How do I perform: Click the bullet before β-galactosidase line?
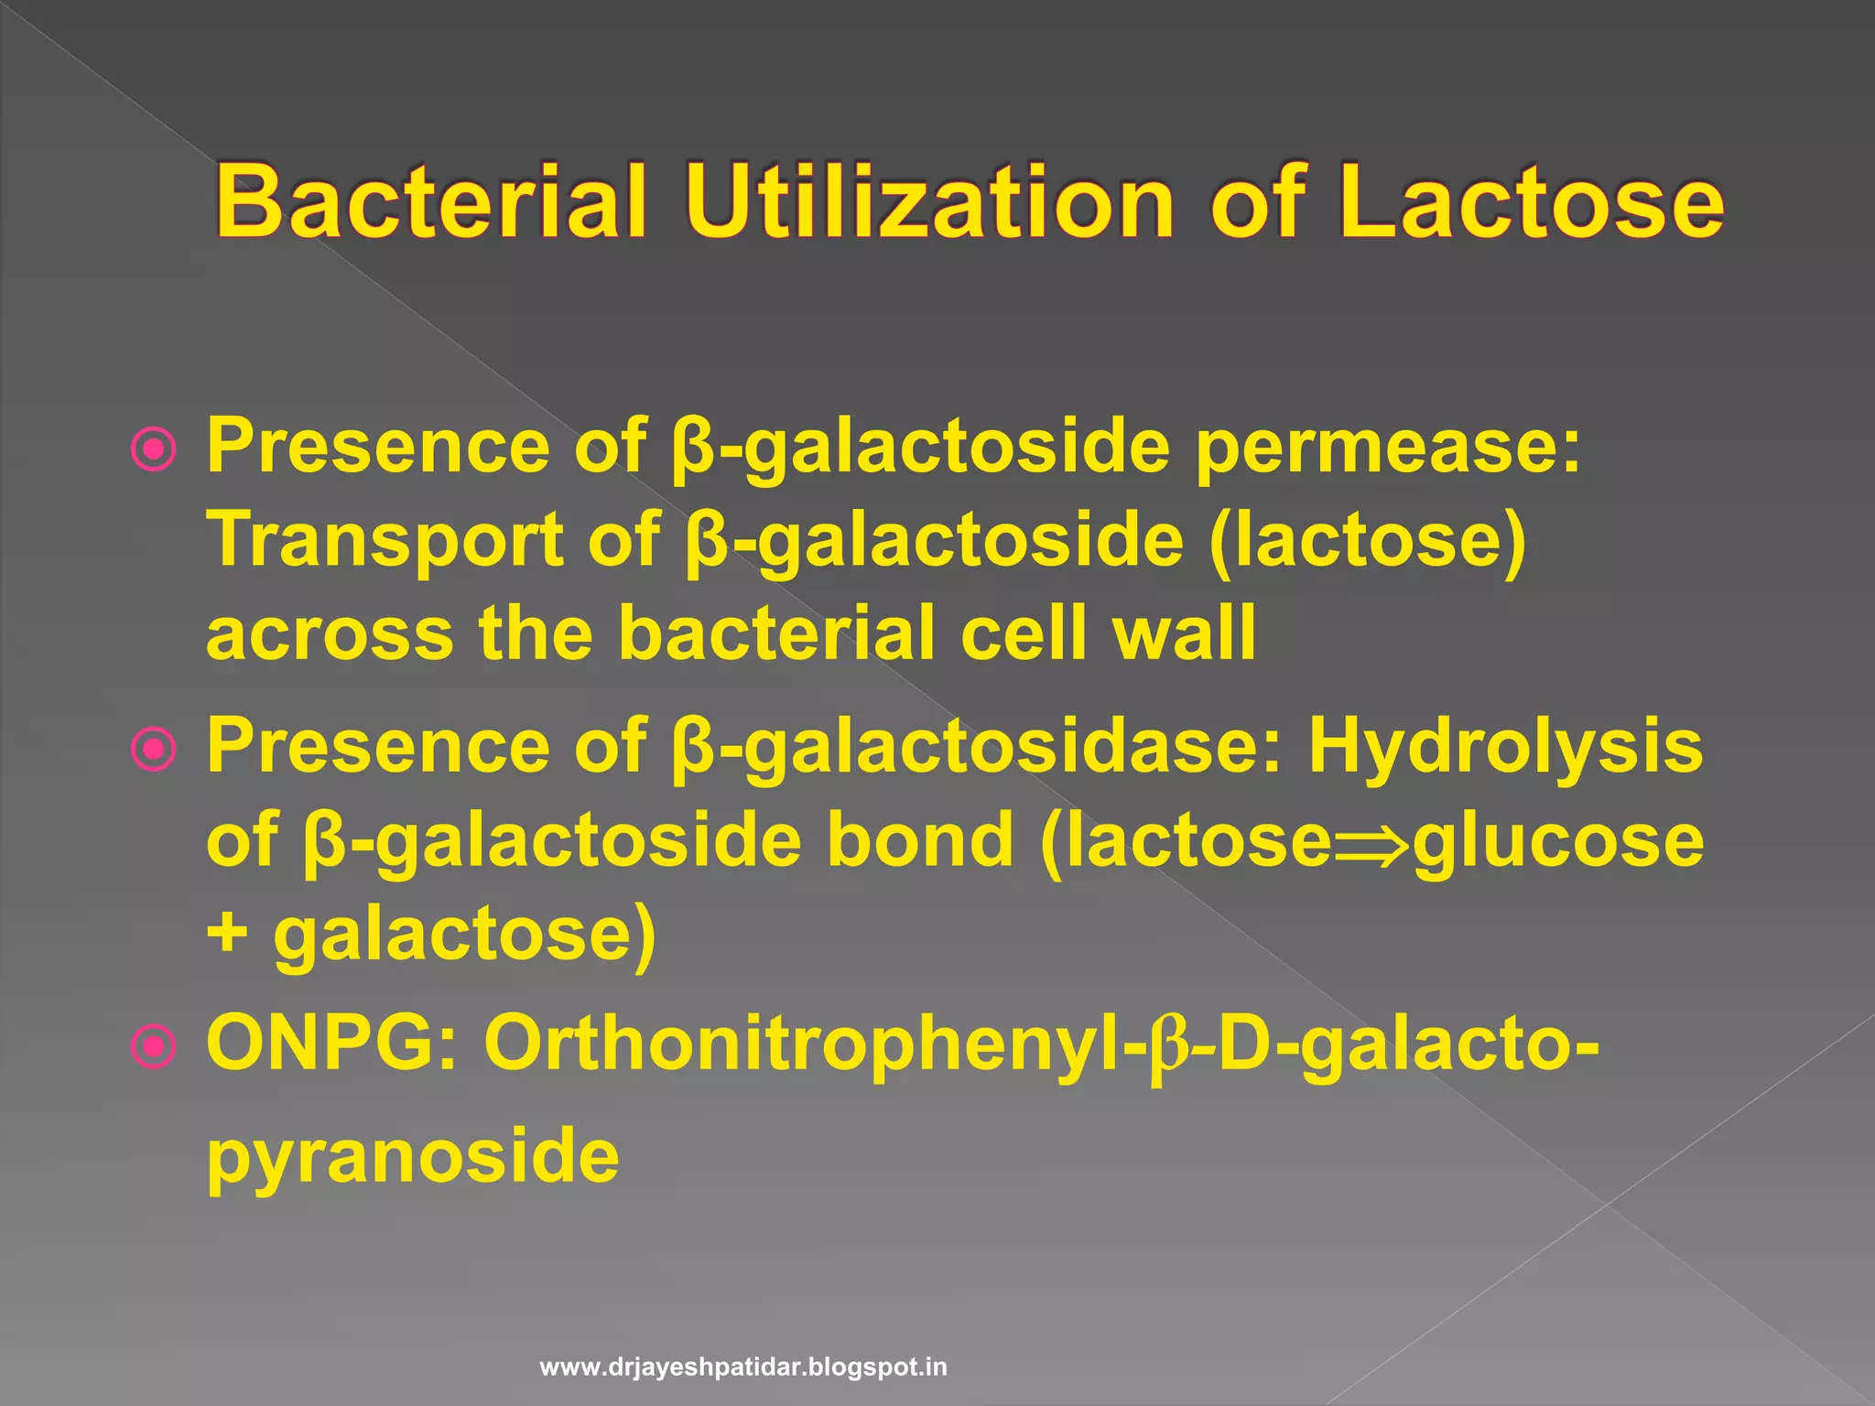pos(153,750)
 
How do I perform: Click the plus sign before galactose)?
pos(226,936)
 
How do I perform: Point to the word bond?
pos(919,840)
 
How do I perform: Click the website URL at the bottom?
pos(743,1368)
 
